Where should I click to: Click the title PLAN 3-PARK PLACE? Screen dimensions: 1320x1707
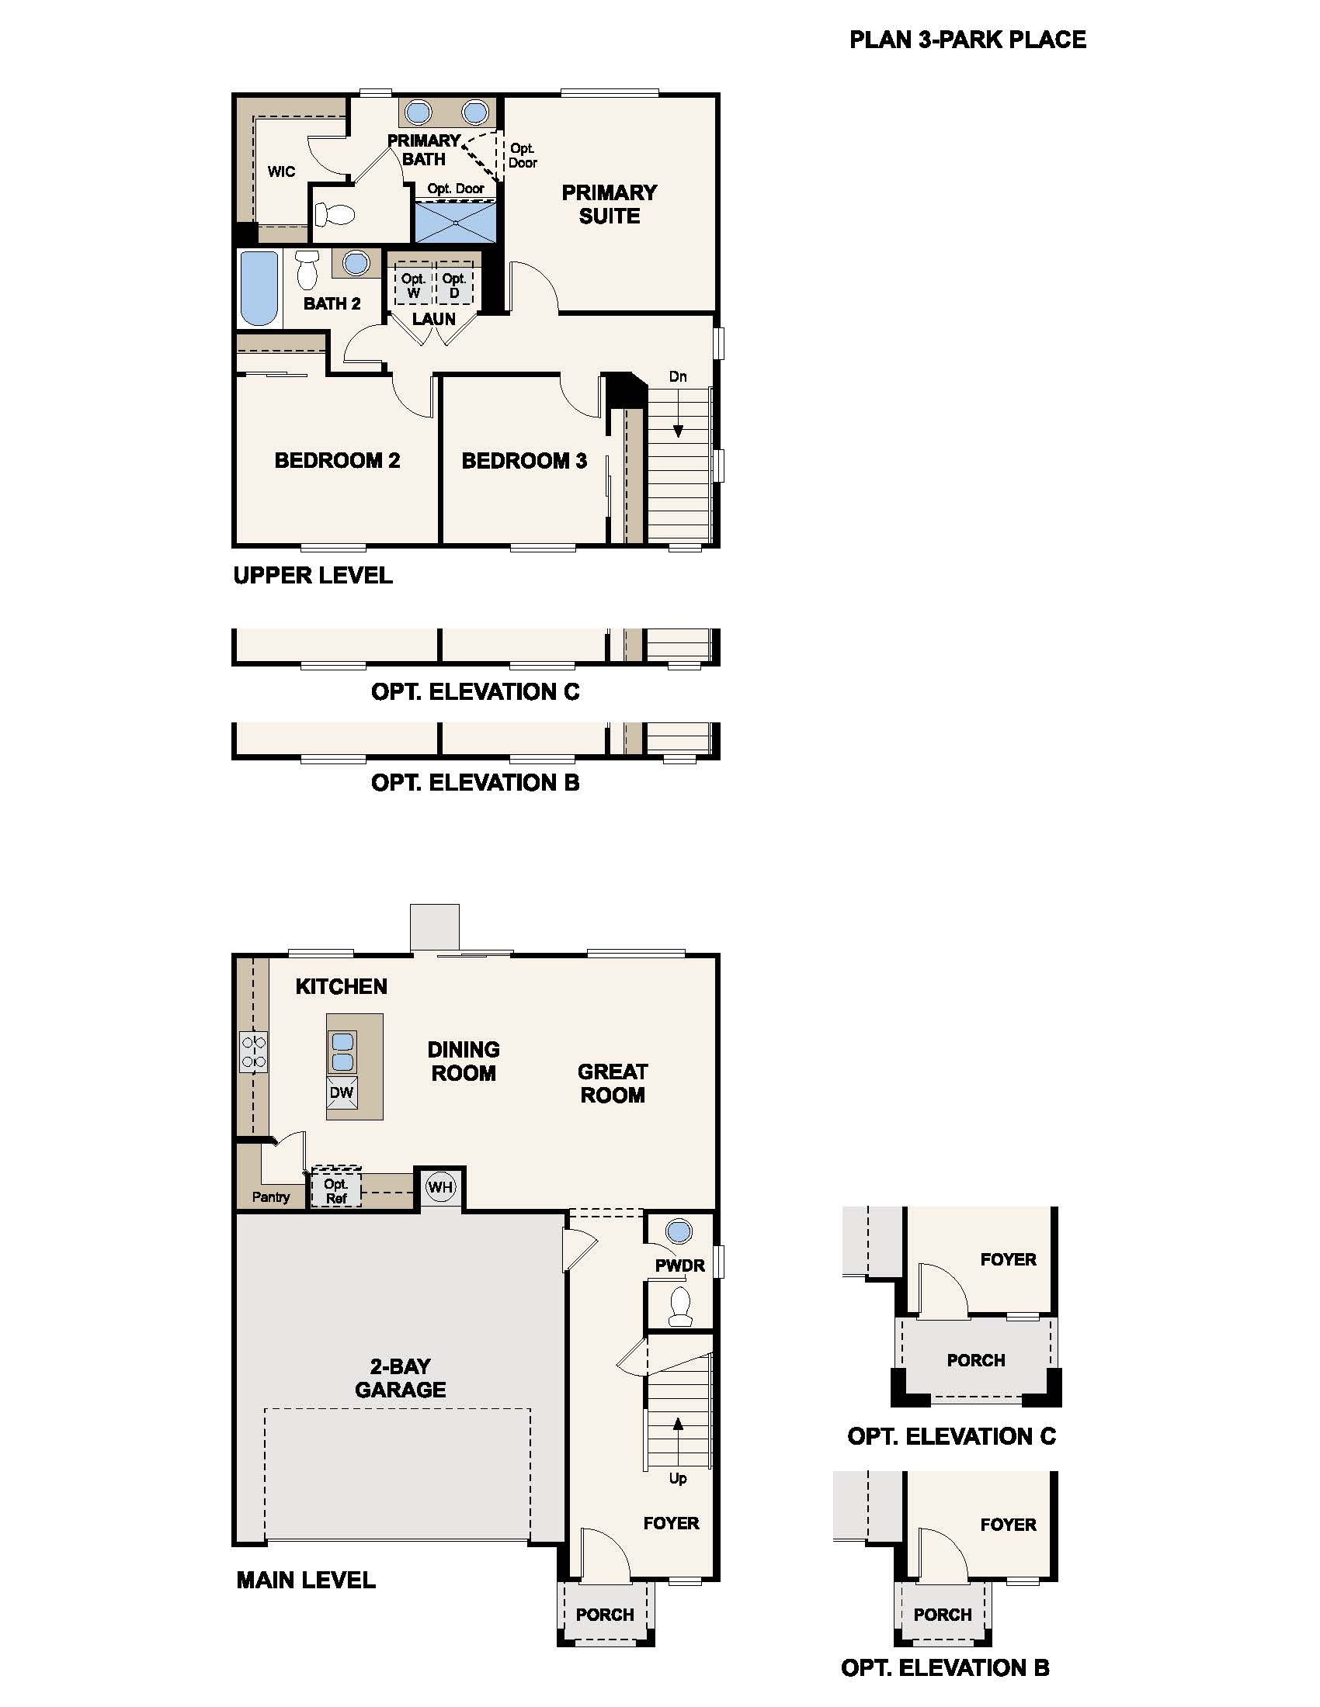[967, 40]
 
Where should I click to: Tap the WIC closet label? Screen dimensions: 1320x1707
[282, 171]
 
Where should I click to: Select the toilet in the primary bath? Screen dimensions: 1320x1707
[334, 214]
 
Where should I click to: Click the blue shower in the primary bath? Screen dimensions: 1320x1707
[455, 222]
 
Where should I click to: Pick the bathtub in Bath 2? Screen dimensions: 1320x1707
[259, 288]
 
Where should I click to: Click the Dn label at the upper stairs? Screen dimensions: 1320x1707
[678, 377]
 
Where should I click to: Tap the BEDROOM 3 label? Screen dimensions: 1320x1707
[524, 461]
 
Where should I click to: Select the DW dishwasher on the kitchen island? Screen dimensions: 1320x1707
[342, 1092]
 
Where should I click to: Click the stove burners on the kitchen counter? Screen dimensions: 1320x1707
[253, 1051]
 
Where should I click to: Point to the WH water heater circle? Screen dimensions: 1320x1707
[440, 1188]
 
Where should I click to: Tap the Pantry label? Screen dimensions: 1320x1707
[270, 1196]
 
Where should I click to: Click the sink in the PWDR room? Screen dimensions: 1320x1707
[679, 1232]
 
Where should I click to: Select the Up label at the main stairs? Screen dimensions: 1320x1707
[678, 1478]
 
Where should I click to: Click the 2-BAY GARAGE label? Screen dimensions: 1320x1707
[401, 1378]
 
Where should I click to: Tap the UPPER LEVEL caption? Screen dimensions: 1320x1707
[313, 576]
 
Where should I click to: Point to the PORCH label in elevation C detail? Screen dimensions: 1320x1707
[976, 1360]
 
